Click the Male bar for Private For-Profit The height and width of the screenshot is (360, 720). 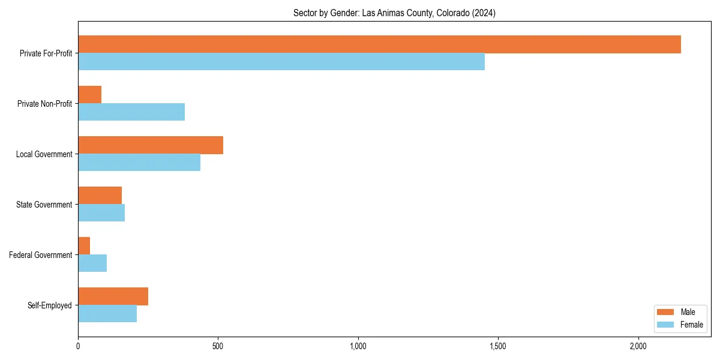pos(379,44)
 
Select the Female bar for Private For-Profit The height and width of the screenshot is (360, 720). pos(281,62)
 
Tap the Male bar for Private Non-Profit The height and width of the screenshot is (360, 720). pos(89,95)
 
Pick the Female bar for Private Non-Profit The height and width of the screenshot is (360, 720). pos(131,112)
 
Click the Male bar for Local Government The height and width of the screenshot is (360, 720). pos(151,145)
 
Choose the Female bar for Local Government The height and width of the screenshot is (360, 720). pos(139,163)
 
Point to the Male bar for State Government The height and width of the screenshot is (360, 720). pos(100,196)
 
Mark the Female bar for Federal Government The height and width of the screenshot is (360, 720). pos(92,263)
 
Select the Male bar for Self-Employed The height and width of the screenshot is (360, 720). pos(113,296)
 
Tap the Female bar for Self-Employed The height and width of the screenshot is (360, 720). pos(107,314)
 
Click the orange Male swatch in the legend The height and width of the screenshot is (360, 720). pos(666,312)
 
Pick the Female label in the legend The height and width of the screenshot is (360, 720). pos(691,325)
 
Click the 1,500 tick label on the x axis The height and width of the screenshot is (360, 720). pos(498,346)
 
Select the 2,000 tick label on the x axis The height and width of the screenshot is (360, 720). pos(638,346)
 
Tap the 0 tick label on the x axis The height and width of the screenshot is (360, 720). pos(78,346)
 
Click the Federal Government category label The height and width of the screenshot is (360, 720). pos(40,255)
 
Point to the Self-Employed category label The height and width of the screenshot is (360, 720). pos(49,305)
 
